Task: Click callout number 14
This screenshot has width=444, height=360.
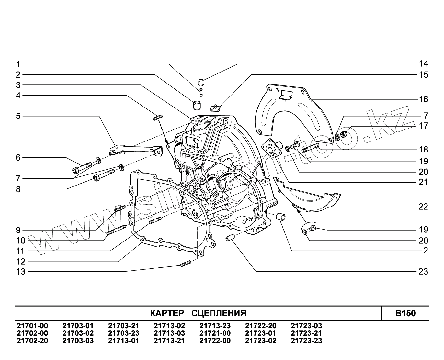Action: tap(423, 64)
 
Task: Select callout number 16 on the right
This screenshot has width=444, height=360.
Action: tap(423, 99)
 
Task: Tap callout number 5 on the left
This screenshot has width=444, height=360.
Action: tap(18, 116)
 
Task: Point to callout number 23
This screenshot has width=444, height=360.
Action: tap(423, 271)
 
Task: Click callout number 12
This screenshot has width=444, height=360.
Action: tap(21, 261)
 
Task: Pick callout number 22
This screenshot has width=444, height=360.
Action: tap(423, 207)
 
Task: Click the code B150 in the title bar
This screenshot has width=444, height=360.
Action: tap(405, 313)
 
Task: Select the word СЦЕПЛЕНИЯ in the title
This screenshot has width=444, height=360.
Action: tap(219, 313)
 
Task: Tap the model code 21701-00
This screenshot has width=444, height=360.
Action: tap(32, 326)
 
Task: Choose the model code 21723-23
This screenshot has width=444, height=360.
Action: tap(306, 341)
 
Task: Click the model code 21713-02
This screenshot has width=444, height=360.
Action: tap(169, 326)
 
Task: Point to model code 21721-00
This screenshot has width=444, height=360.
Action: tap(215, 333)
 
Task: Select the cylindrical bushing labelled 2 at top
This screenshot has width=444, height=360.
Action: tap(196, 106)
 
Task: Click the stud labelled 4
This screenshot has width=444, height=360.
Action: tap(157, 117)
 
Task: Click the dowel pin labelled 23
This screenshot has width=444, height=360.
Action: tap(230, 238)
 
